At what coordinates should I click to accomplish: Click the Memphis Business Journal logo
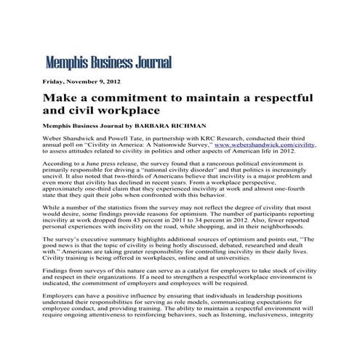pos(108,63)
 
